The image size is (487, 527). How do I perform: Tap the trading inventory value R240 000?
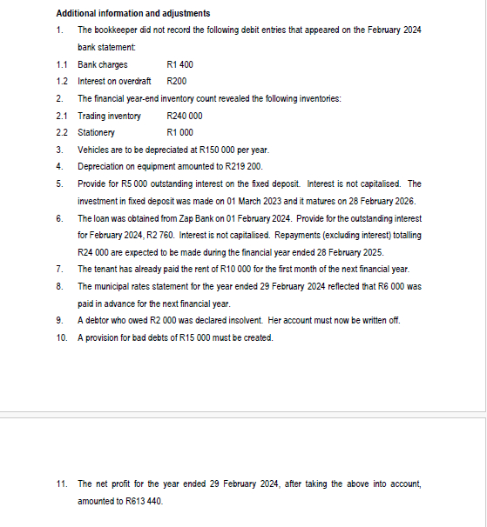[x=184, y=116]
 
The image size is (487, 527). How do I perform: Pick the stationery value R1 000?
[x=179, y=132]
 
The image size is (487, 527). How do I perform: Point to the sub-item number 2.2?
[x=61, y=132]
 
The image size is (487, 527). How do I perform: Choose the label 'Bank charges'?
[x=102, y=65]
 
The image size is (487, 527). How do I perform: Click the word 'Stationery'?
[x=96, y=132]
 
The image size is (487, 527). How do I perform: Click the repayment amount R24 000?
[x=91, y=251]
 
